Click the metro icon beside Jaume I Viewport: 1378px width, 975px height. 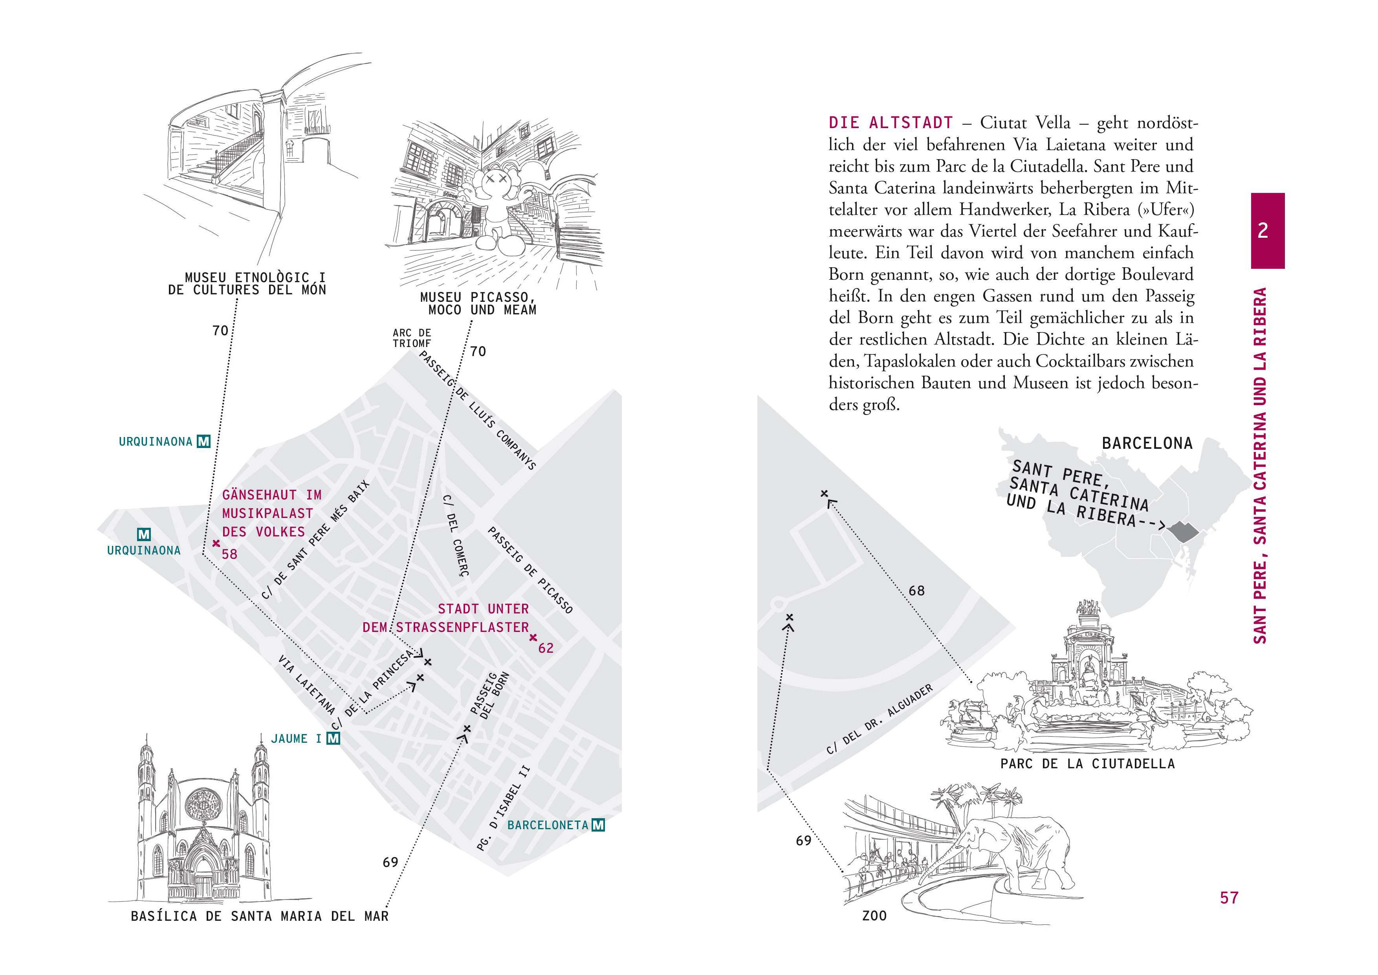point(333,738)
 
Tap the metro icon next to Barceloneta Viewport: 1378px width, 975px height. point(598,825)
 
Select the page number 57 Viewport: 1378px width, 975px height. point(1229,898)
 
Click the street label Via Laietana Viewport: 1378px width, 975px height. point(306,685)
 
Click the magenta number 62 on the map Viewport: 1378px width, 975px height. point(546,648)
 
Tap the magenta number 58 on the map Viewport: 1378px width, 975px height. point(229,554)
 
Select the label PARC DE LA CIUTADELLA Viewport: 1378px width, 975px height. point(1087,764)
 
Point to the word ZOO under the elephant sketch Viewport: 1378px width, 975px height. point(874,916)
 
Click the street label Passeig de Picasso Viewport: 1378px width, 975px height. point(530,570)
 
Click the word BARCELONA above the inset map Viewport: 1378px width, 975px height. point(1147,444)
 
